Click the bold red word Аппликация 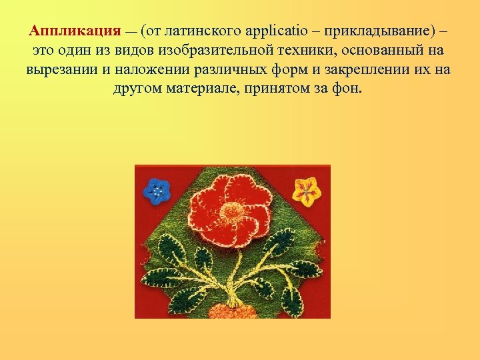click(75, 31)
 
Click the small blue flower click(157, 192)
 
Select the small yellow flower click(307, 191)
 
